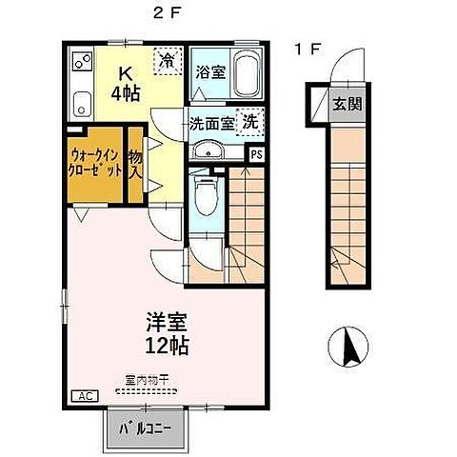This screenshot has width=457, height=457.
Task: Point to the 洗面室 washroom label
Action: (x=210, y=123)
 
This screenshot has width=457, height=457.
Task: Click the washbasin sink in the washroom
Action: (x=205, y=151)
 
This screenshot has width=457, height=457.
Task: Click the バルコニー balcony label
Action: (x=145, y=428)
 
